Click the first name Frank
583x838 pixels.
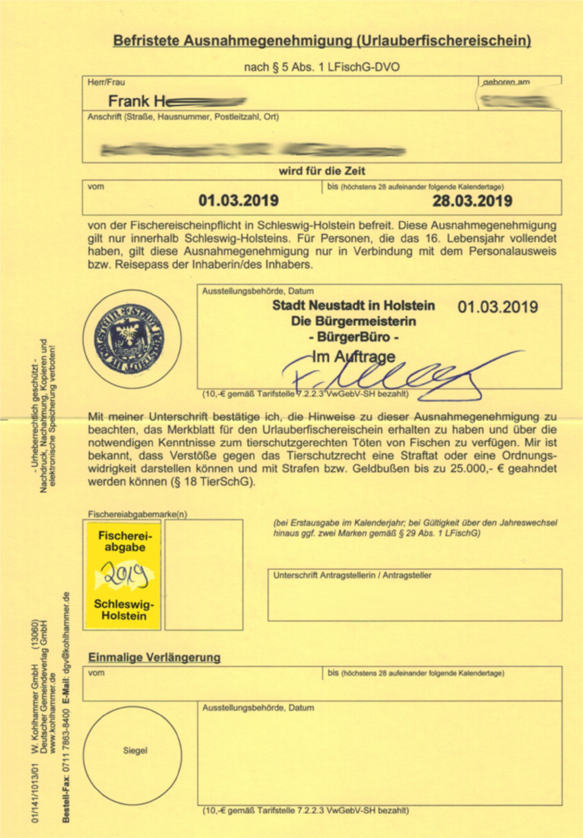[x=128, y=103]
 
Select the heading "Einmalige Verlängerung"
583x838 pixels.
[x=154, y=657]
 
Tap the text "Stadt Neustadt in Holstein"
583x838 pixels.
[x=354, y=306]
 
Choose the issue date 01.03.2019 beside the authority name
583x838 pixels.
[x=498, y=307]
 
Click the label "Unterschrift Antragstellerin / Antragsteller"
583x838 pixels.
[x=352, y=575]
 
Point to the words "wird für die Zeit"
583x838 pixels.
[x=322, y=171]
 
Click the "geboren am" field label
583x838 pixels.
[x=506, y=83]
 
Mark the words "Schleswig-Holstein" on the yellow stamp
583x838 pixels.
[x=124, y=611]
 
